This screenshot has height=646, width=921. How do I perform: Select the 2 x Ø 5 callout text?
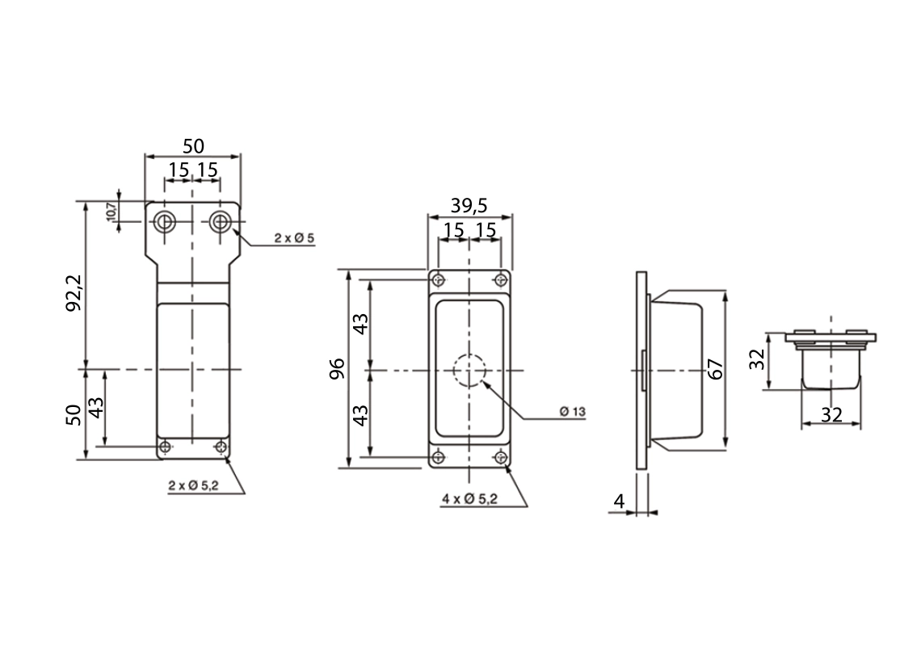294,238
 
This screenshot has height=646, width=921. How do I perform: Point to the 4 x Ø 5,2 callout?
469,500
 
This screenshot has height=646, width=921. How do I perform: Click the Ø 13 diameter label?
572,412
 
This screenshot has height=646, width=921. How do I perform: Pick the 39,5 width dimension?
469,205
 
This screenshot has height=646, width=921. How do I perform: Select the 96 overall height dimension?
338,368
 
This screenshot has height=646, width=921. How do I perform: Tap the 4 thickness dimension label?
619,501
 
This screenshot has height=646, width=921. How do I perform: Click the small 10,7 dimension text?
111,211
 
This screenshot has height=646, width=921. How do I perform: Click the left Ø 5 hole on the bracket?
166,221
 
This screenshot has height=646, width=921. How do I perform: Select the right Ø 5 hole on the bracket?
219,221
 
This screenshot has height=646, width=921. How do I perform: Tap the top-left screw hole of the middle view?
438,281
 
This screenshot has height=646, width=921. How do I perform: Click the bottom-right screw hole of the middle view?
502,458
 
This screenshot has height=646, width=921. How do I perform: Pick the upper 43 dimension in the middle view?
361,324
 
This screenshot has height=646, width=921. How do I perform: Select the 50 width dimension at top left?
192,146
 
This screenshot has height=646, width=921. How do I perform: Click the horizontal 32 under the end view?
831,414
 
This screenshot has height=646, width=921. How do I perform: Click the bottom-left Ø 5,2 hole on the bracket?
165,447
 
